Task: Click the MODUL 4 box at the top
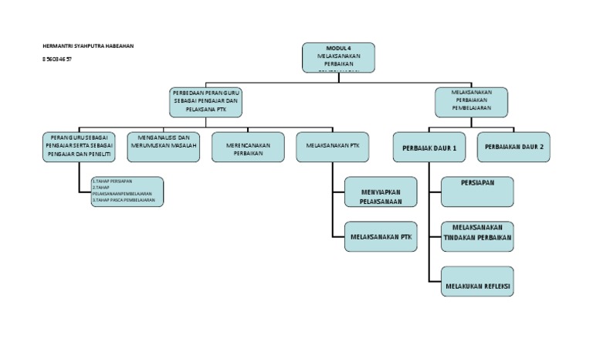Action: [338, 57]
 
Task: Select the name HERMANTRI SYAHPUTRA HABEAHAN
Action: [87, 46]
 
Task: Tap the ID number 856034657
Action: [57, 59]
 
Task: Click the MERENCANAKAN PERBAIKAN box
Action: [248, 146]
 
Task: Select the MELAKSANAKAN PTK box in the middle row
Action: [332, 146]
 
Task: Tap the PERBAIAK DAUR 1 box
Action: [429, 147]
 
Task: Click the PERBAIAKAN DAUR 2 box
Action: [514, 147]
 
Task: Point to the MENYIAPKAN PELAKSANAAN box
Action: [381, 192]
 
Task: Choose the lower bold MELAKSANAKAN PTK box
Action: [381, 237]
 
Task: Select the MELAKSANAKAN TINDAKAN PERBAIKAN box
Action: [477, 237]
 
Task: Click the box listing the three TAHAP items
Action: [126, 191]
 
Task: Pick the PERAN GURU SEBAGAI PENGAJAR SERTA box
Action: [79, 146]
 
